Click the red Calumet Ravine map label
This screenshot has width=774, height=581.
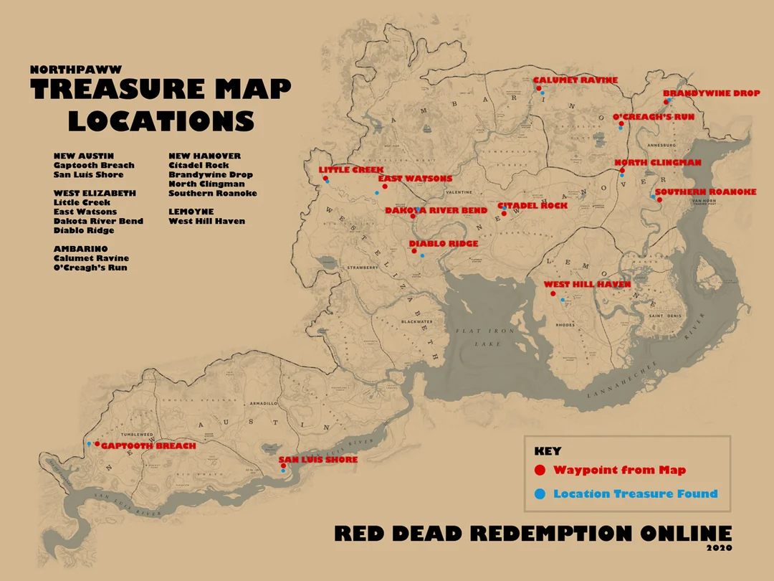[x=575, y=80]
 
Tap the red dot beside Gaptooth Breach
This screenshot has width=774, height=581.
[x=97, y=444]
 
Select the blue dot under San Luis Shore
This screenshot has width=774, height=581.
[x=284, y=471]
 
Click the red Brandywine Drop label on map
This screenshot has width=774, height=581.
[x=711, y=93]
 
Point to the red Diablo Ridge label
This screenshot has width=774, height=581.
[x=443, y=244]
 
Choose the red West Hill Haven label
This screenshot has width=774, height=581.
[x=587, y=285]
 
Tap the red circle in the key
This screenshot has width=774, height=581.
[x=541, y=471]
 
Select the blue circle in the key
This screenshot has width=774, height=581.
[x=541, y=493]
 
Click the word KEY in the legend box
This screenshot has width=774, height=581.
[x=548, y=451]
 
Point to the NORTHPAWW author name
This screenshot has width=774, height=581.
[x=76, y=70]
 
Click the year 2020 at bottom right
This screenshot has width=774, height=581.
[x=720, y=549]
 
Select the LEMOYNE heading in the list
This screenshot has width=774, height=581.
[x=191, y=212]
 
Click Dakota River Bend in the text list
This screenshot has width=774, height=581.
[x=98, y=221]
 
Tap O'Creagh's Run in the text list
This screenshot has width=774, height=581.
[x=90, y=268]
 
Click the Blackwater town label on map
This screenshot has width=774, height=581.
[x=417, y=321]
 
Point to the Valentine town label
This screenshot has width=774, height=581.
[x=459, y=192]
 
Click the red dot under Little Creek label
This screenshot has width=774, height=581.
[x=325, y=178]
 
